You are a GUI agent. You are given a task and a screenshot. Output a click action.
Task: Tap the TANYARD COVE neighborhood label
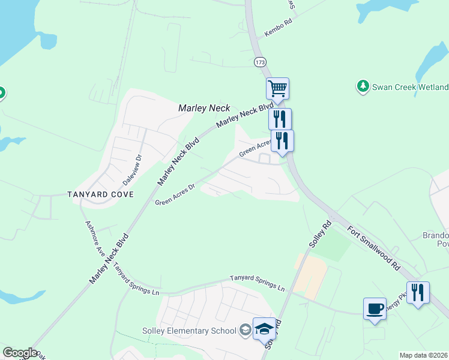pyautogui.click(x=100, y=194)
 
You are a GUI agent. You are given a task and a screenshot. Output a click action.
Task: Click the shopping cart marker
pyautogui.click(x=277, y=89)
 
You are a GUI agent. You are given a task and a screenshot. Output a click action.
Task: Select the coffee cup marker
pyautogui.click(x=375, y=309)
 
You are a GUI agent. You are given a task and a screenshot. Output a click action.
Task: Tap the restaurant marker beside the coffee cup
pyautogui.click(x=418, y=293)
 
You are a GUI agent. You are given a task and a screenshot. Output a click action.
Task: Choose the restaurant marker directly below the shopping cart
pyautogui.click(x=280, y=119)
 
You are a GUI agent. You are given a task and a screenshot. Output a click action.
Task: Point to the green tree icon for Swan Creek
pyautogui.click(x=363, y=86)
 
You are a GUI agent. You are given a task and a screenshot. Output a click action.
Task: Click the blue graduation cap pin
pyautogui.click(x=264, y=329)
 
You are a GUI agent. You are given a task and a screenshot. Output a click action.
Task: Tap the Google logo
pyautogui.click(x=20, y=353)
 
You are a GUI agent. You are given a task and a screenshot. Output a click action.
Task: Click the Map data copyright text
pyautogui.click(x=424, y=355)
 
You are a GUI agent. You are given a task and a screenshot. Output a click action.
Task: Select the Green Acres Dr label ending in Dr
pyautogui.click(x=175, y=194)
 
